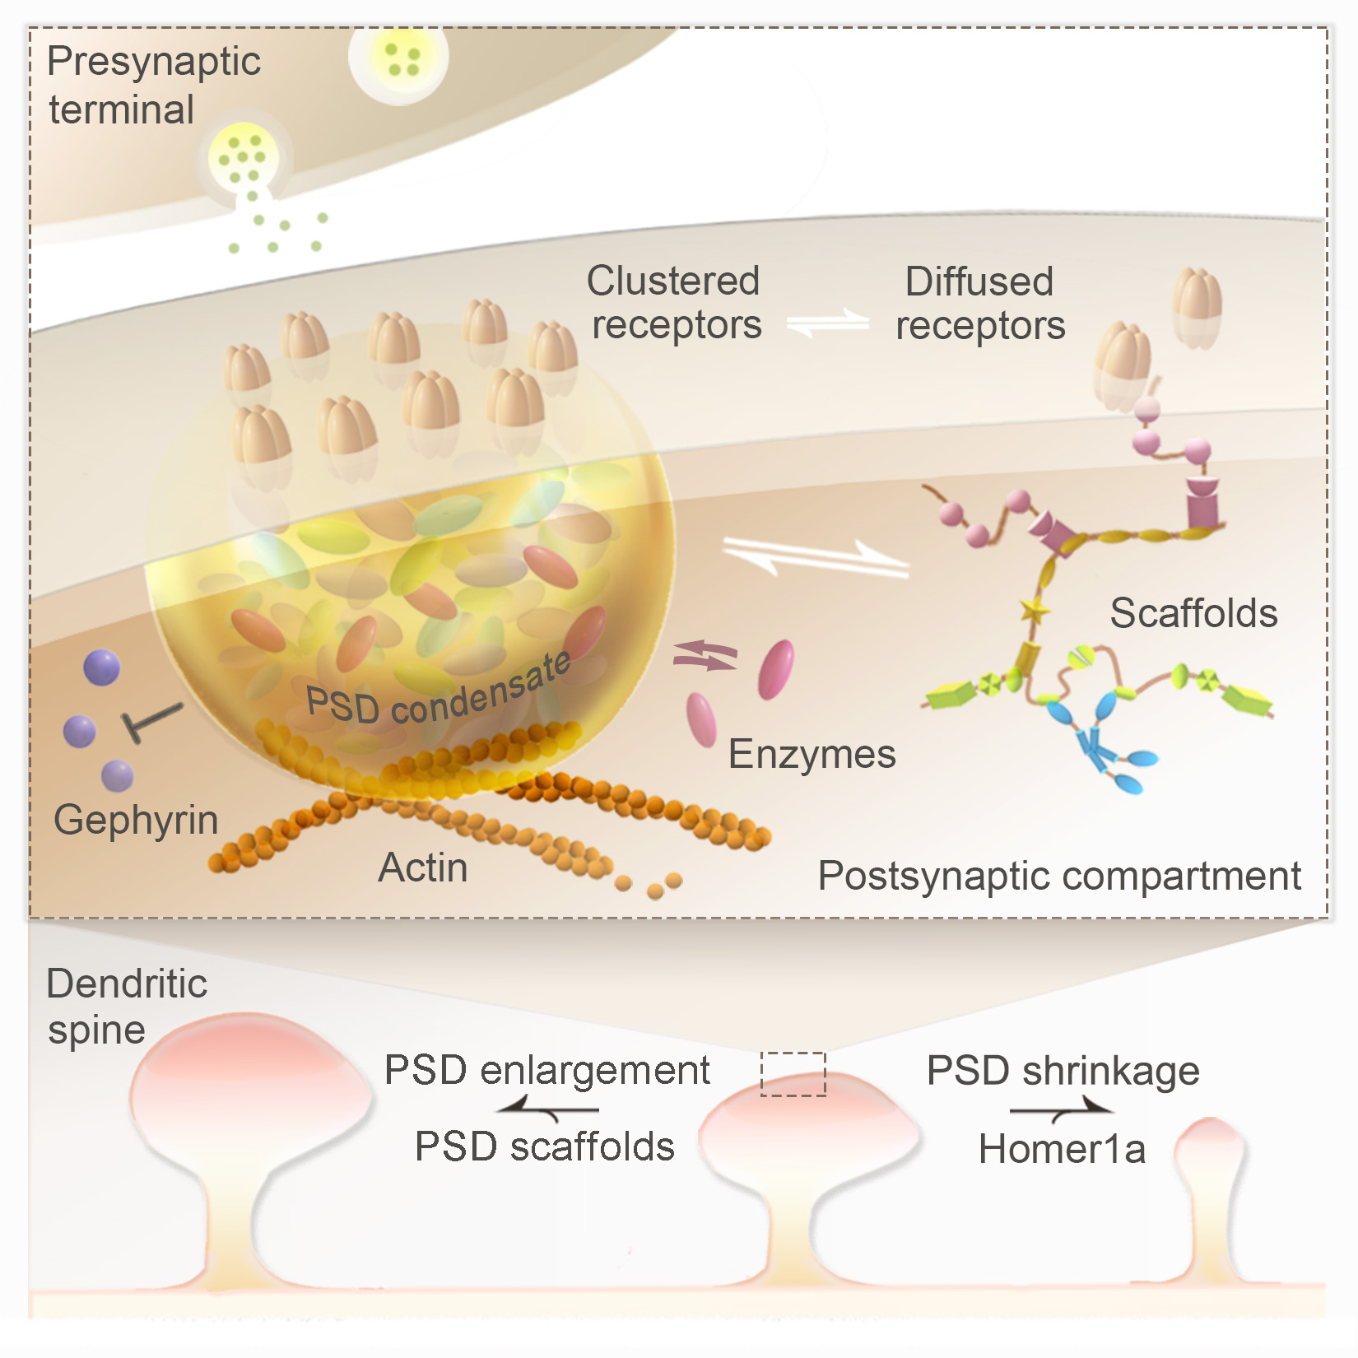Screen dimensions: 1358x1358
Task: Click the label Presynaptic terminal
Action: click(x=153, y=85)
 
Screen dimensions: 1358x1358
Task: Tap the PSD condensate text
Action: click(x=439, y=694)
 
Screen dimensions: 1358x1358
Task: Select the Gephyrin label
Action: click(x=136, y=820)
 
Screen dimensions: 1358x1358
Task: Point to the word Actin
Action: click(x=423, y=867)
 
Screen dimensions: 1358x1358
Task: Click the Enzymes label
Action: click(x=812, y=754)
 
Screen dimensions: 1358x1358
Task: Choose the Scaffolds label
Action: click(x=1193, y=613)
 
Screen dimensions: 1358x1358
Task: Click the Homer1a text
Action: click(x=1062, y=1149)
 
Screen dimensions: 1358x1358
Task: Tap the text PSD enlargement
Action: click(x=547, y=1070)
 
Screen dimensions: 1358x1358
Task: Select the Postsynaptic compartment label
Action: click(x=1059, y=876)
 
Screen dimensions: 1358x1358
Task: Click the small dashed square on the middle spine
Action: click(x=793, y=1074)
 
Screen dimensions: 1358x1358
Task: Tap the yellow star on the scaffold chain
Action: click(x=1035, y=611)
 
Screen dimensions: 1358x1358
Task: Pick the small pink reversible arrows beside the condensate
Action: click(x=705, y=655)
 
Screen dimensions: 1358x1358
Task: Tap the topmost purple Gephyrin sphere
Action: click(x=102, y=667)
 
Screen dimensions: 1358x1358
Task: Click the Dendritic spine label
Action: click(x=126, y=1006)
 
